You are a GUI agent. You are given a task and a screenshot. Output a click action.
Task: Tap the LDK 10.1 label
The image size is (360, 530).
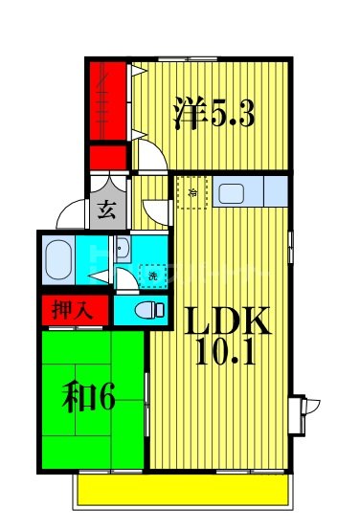pos(229,336)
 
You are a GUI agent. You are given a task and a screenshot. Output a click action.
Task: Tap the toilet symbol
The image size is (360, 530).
pos(144,310)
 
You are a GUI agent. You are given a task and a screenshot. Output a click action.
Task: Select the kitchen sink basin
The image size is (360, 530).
pos(234,193)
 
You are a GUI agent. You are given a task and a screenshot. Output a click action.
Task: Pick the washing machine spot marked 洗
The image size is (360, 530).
pos(152,276)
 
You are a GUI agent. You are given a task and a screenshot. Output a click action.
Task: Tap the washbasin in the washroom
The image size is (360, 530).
pos(123,252)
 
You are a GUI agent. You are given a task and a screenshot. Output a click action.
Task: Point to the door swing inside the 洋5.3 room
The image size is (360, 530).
pos(148,153)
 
